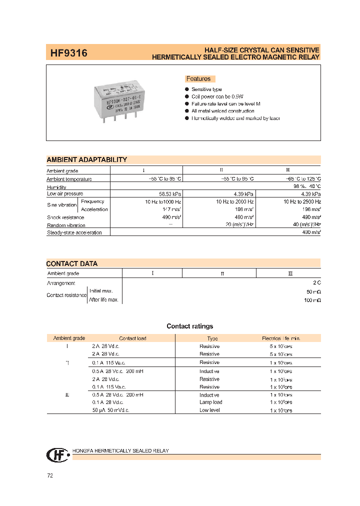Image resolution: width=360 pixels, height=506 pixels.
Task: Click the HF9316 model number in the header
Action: coord(68,52)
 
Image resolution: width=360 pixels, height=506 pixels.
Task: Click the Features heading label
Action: coord(198,79)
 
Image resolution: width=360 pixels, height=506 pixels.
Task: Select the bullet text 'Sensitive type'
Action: coord(206,89)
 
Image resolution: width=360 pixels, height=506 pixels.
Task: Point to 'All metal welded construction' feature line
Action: coord(222,111)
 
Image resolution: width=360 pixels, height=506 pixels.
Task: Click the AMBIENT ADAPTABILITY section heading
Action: coord(87,160)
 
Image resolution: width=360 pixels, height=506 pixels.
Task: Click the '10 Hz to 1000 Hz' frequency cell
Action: coord(161,201)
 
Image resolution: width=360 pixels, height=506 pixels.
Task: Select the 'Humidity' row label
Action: coord(56,187)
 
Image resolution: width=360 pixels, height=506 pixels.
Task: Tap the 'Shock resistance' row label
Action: coord(65,217)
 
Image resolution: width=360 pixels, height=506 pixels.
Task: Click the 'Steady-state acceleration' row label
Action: coord(74,232)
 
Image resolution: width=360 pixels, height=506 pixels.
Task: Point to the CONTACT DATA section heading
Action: coord(72,263)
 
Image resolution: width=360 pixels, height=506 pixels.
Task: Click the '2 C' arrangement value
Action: coord(316,283)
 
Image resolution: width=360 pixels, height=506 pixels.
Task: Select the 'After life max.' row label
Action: coord(104,299)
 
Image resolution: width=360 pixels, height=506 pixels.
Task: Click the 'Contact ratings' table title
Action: coord(189,326)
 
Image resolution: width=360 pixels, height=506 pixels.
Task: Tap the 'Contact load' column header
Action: coord(132,338)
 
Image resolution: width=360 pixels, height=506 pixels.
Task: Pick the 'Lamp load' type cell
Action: coord(210,402)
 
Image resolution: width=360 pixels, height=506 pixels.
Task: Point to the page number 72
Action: coord(50,475)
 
